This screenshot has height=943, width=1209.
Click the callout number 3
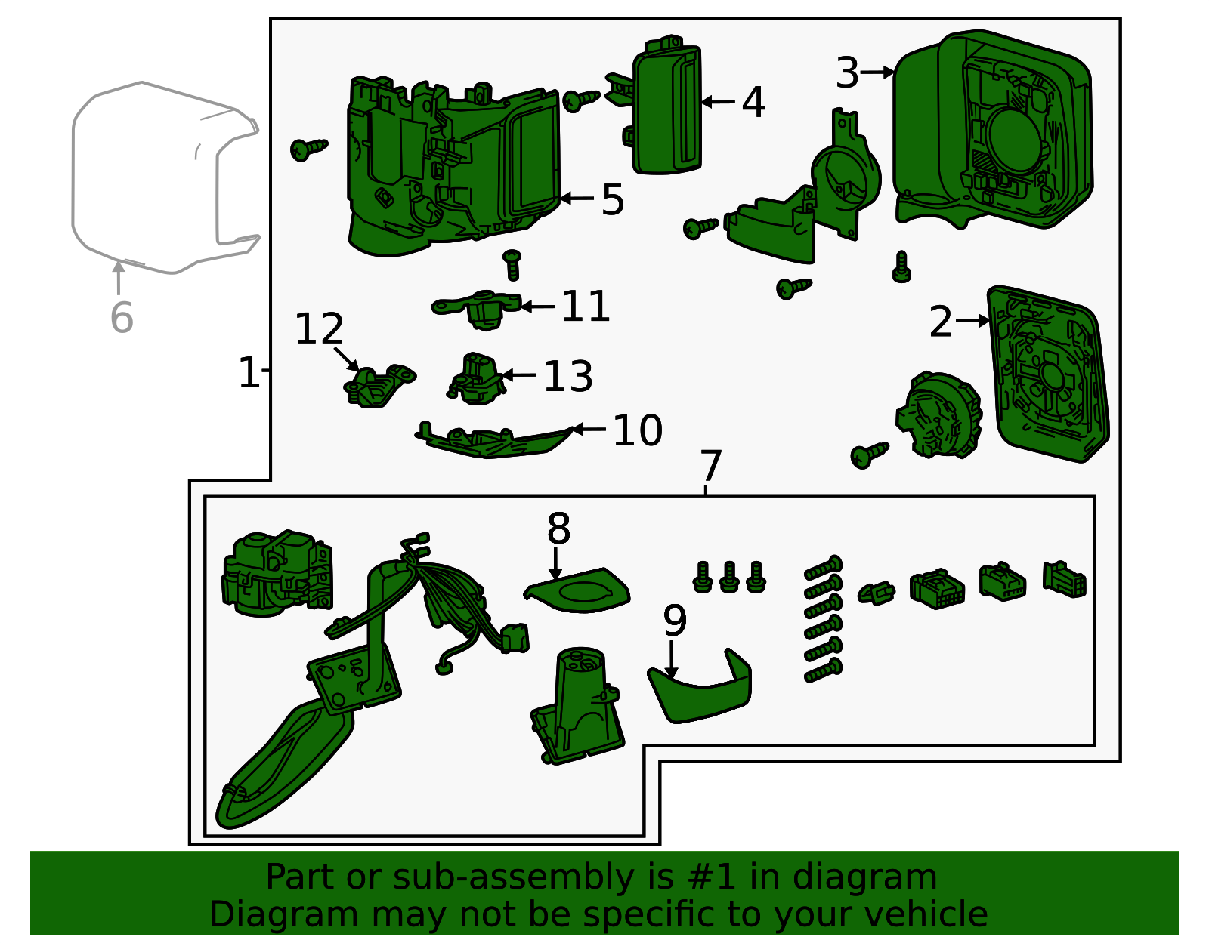click(847, 73)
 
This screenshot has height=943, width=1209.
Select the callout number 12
click(319, 329)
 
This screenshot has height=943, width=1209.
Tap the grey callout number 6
click(122, 317)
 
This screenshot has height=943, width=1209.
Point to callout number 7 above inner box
click(710, 466)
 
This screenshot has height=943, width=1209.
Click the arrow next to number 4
click(718, 101)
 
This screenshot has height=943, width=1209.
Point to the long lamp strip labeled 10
click(495, 442)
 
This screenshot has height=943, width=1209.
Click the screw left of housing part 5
click(308, 149)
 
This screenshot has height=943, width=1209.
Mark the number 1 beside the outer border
click(249, 372)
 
